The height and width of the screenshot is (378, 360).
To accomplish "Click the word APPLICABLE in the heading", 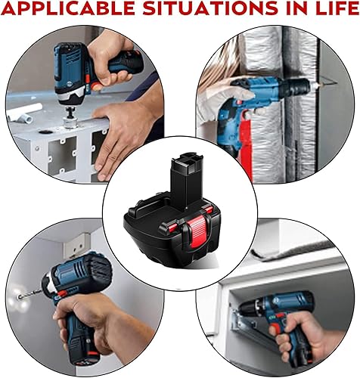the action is pos(68,8).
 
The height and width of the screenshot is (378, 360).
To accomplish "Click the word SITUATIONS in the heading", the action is pos(210,8).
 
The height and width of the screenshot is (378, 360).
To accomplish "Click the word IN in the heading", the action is pos(294,8).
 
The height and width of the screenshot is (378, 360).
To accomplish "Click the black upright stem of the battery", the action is pos(186,176).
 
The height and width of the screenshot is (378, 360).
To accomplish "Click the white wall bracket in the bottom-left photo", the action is pos(76,245).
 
